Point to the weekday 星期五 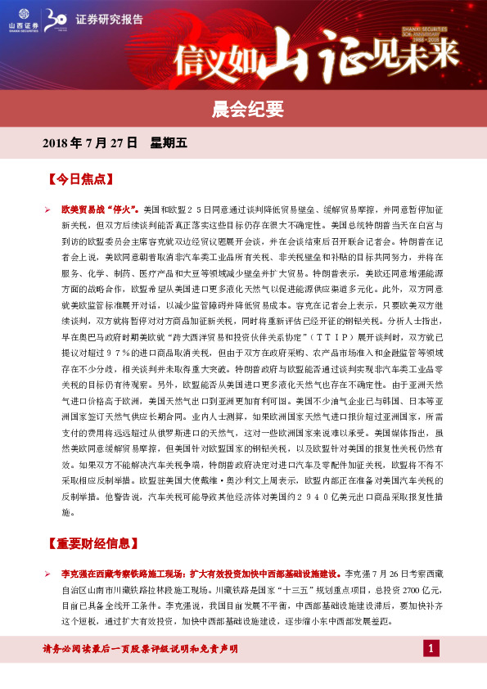click(169, 142)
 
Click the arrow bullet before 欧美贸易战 click(47, 209)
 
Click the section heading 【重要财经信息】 click(92, 543)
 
